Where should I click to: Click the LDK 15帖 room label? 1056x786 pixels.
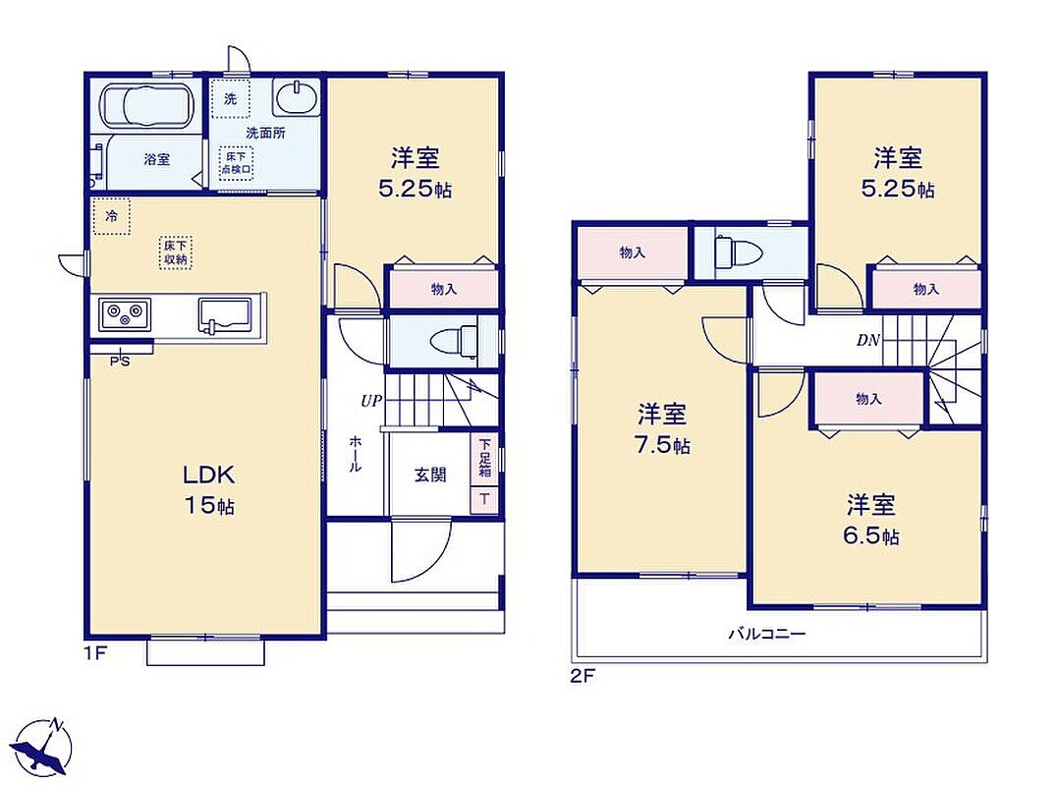[209, 489]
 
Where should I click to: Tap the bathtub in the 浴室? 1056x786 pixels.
[146, 106]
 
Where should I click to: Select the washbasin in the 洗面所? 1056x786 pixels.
[296, 97]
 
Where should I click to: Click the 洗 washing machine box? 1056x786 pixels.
[230, 99]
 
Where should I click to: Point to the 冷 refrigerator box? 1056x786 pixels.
[112, 216]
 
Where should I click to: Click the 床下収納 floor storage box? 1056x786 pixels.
[176, 253]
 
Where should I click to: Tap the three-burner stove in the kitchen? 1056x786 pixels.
[125, 313]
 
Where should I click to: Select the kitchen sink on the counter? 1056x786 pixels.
[224, 314]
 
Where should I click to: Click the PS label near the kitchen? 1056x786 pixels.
[121, 362]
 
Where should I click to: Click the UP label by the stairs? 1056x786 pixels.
[371, 402]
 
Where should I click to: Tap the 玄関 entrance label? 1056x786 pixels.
[429, 475]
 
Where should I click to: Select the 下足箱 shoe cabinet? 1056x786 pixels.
[484, 458]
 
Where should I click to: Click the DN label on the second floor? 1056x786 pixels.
[868, 340]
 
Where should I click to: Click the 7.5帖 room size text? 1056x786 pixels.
[663, 446]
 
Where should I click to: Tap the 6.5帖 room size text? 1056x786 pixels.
[870, 536]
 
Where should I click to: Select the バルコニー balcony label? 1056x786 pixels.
[766, 634]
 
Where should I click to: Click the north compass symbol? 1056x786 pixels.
[44, 747]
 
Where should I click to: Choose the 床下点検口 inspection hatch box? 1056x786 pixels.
[236, 162]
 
